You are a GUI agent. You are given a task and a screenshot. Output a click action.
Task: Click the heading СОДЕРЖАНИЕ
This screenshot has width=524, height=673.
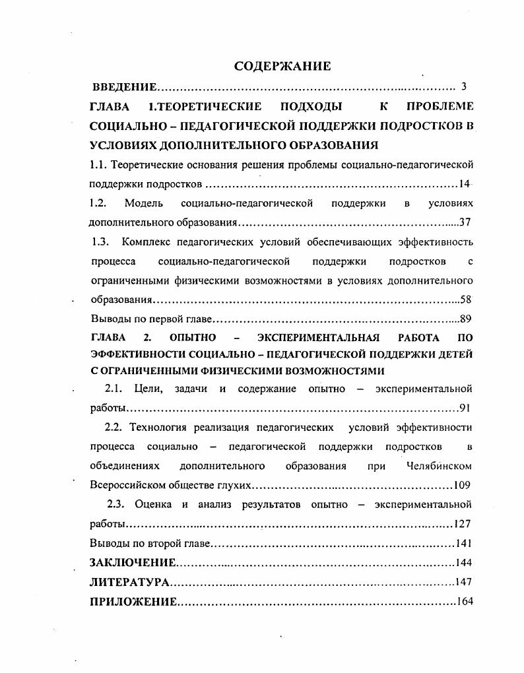282,66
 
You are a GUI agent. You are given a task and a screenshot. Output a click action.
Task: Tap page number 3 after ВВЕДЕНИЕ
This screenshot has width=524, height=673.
464,86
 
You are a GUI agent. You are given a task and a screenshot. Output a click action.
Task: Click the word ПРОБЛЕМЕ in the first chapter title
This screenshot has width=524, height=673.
440,106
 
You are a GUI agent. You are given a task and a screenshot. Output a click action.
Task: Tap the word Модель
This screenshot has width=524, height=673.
143,203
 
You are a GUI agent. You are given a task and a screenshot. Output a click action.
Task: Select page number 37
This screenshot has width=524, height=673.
465,222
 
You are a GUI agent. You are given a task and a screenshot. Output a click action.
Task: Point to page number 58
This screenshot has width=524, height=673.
465,300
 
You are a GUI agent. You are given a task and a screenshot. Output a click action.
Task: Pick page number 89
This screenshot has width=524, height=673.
465,319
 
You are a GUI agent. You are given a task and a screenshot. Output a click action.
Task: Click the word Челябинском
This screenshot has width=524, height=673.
440,466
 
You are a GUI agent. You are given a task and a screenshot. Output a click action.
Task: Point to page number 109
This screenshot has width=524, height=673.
462,485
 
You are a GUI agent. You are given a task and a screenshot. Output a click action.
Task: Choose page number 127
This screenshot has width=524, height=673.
462,524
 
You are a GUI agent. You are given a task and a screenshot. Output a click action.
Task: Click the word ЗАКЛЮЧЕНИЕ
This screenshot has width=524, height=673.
133,563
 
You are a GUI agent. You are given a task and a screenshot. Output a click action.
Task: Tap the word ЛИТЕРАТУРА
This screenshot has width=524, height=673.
129,583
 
